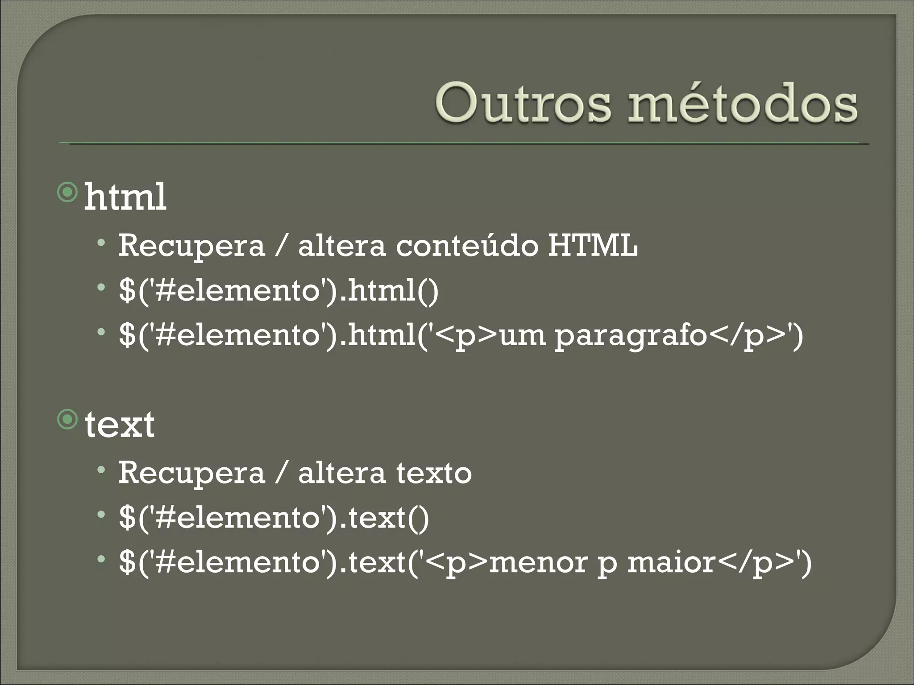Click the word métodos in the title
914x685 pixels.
pyautogui.click(x=742, y=104)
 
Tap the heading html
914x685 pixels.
pyautogui.click(x=125, y=197)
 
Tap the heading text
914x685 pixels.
pyautogui.click(x=120, y=425)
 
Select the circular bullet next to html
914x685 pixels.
pyautogui.click(x=68, y=192)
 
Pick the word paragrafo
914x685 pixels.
pyautogui.click(x=631, y=335)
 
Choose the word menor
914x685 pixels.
pyautogui.click(x=538, y=562)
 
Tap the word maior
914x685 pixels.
pyautogui.click(x=672, y=562)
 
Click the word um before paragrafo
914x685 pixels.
pyautogui.click(x=522, y=335)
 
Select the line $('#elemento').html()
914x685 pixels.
pyautogui.click(x=279, y=291)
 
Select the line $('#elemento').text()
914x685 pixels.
pyautogui.click(x=274, y=518)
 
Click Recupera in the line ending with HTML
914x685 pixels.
pyautogui.click(x=191, y=246)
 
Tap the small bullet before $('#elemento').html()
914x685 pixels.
pyautogui.click(x=102, y=287)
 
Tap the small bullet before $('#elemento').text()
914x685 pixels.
pyautogui.click(x=102, y=514)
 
